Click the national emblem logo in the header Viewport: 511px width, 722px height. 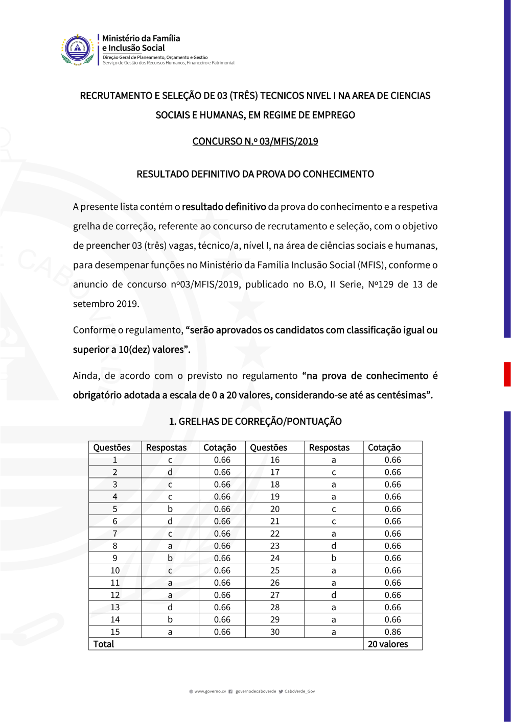pos(78,50)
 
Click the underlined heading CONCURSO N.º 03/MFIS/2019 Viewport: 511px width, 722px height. pos(255,141)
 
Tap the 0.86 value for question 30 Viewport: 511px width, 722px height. pos(392,632)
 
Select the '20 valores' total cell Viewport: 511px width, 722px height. pos(388,644)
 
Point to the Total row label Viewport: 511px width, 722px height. pos(104,644)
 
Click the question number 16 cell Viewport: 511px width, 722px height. pos(275,460)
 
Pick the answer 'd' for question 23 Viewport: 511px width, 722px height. pos(334,546)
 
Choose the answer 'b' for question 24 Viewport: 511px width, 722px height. pos(334,558)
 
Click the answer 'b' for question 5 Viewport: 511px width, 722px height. pos(170,509)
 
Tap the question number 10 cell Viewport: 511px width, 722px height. pos(115,570)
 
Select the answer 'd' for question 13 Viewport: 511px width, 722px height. pos(170,607)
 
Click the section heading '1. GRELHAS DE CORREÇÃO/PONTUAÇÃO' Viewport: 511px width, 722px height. pos(255,421)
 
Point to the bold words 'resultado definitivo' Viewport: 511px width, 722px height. pos(224,207)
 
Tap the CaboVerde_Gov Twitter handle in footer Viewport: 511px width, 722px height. pos(299,691)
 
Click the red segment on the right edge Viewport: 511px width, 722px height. pos(507,374)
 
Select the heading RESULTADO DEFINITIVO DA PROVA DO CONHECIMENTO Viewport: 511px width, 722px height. pos(255,174)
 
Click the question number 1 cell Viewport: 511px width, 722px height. pos(115,460)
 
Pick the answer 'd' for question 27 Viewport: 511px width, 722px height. pos(334,595)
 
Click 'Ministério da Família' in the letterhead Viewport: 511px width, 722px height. pos(141,38)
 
